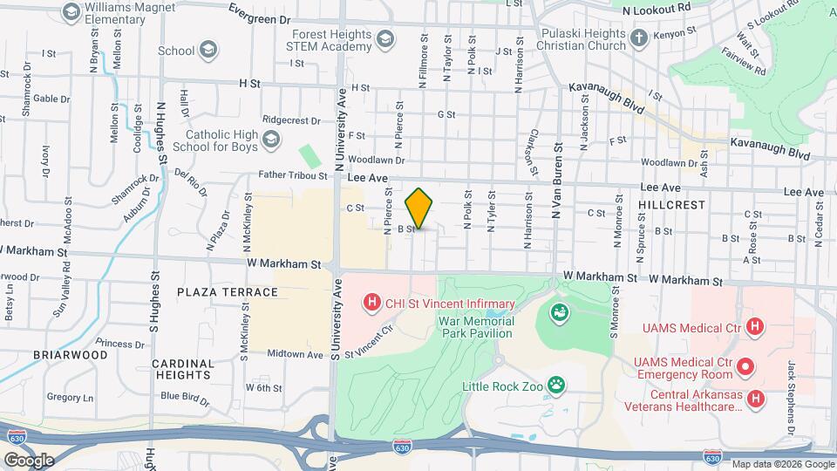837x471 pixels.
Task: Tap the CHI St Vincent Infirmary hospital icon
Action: point(372,304)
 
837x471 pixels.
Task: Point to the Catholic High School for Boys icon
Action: point(271,140)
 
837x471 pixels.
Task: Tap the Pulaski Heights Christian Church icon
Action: point(639,38)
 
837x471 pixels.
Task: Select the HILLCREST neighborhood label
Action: point(670,203)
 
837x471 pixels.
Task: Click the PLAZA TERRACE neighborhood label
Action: point(228,292)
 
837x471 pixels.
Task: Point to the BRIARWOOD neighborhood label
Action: point(71,355)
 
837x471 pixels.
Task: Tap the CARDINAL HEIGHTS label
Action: point(182,369)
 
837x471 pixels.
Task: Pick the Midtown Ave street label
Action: point(296,354)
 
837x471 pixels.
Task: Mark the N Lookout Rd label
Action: point(657,7)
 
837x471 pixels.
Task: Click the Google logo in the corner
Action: point(29,460)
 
